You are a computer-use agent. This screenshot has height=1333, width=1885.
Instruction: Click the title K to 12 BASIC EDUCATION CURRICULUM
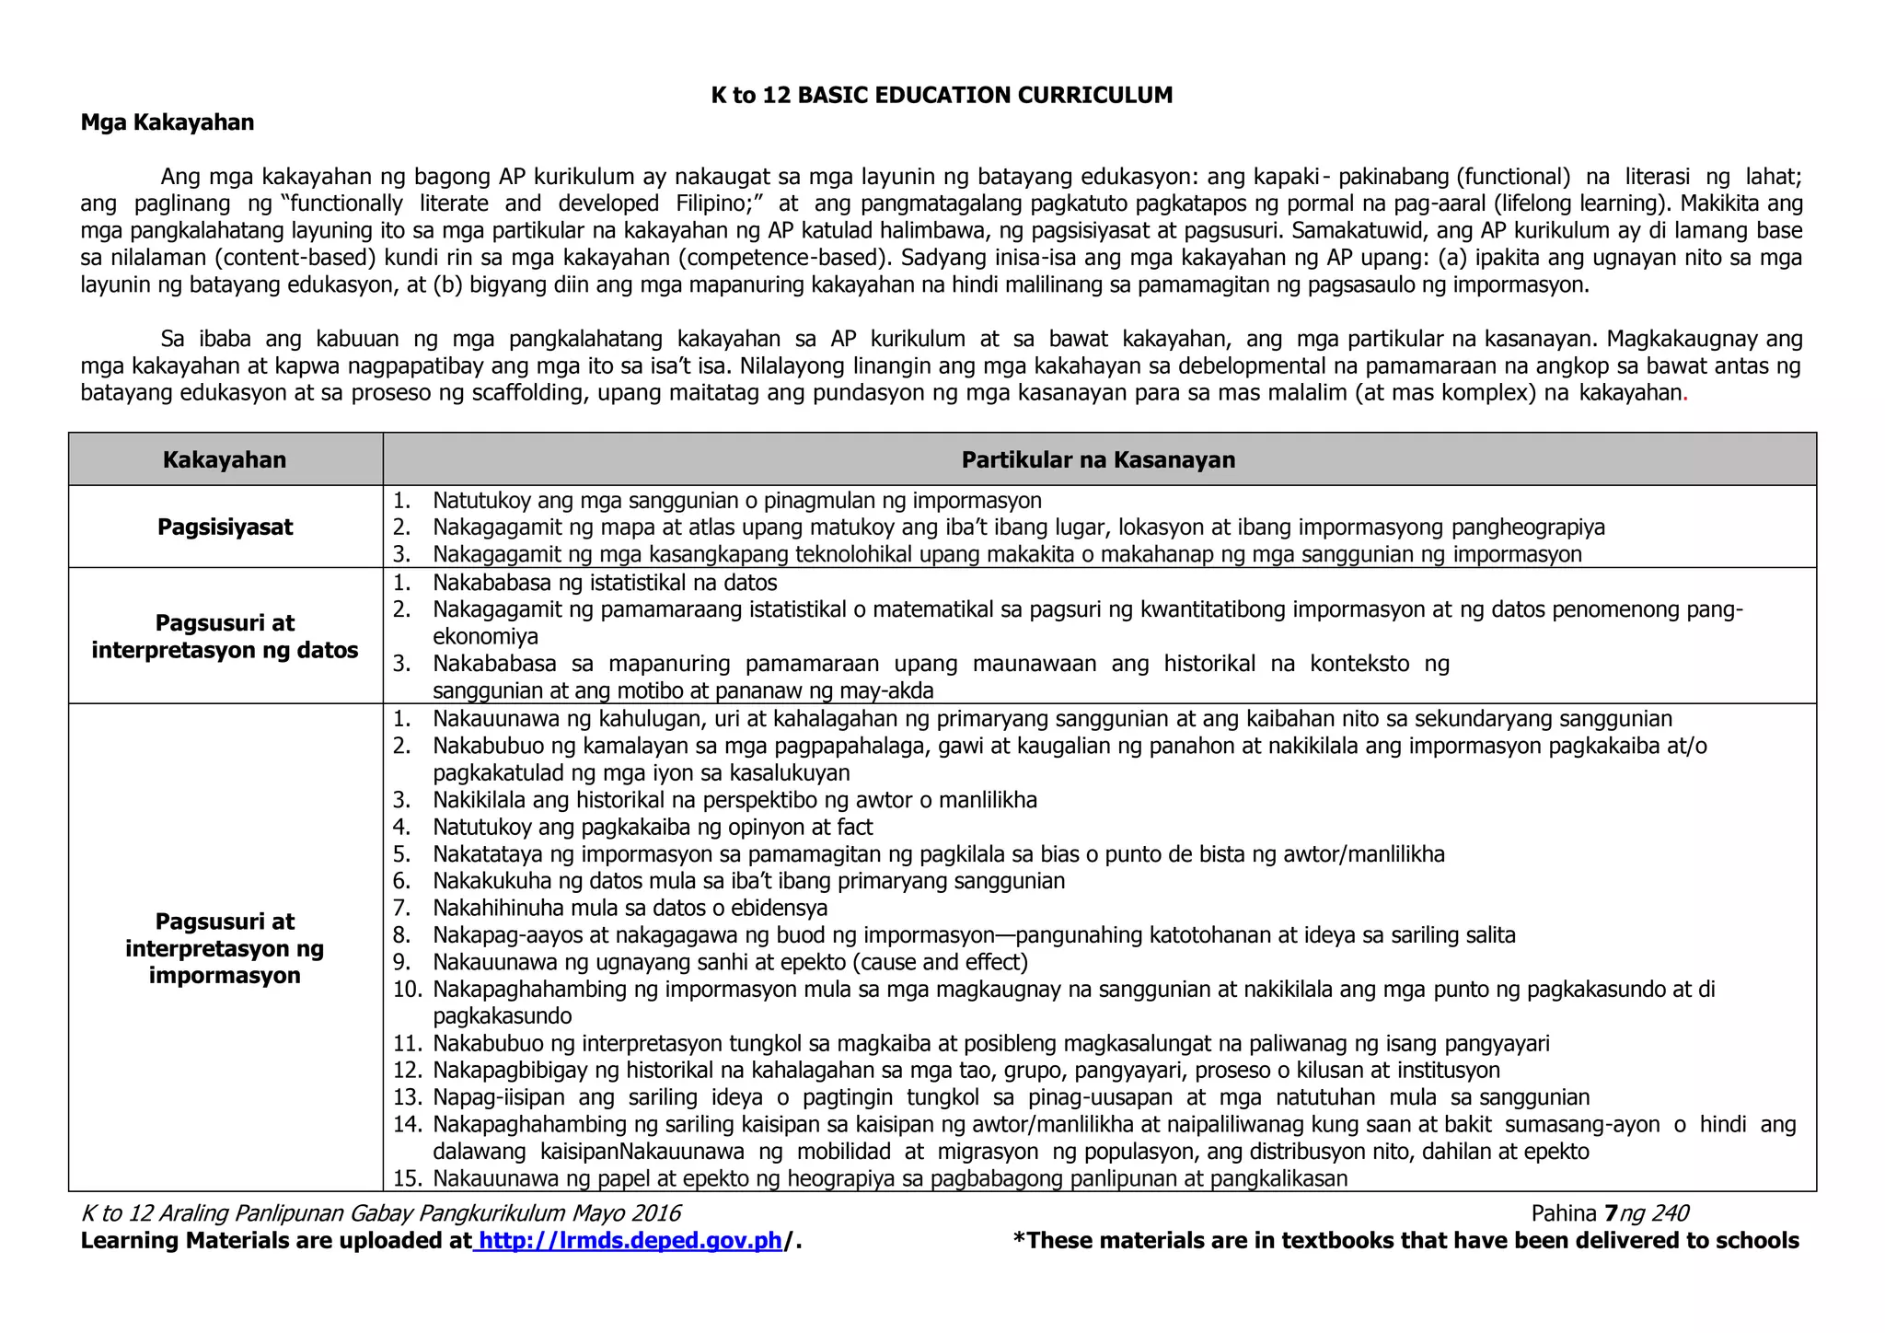(x=942, y=96)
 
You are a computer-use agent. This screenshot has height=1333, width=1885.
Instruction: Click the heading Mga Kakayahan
(x=168, y=122)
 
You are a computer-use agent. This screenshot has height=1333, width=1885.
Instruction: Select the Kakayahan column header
(x=225, y=459)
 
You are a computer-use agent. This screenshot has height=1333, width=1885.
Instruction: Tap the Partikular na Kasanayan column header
(x=1098, y=459)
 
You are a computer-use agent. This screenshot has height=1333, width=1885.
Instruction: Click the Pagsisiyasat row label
(x=225, y=527)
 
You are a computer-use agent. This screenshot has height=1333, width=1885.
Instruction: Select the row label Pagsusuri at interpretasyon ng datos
(x=225, y=636)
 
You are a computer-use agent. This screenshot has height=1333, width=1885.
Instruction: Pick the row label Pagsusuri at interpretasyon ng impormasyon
(x=225, y=948)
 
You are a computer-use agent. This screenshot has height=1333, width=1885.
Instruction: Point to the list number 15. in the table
(x=407, y=1178)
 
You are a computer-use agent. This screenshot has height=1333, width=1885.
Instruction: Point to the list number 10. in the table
(x=407, y=990)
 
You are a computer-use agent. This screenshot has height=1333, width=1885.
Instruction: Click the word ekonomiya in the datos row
(x=485, y=637)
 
